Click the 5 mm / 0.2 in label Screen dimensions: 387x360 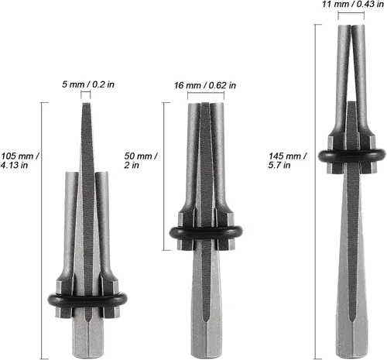click(88, 84)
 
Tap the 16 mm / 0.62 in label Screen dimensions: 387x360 click(205, 85)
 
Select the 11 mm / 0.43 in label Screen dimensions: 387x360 click(353, 4)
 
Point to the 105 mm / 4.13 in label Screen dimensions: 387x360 click(19, 160)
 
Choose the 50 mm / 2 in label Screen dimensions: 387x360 click(141, 160)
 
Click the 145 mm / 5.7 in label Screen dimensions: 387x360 click(287, 160)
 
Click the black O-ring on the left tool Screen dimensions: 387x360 click(87, 300)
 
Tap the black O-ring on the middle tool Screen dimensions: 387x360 click(206, 233)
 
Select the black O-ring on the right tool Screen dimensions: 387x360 click(352, 156)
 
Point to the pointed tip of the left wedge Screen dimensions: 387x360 click(86, 104)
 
